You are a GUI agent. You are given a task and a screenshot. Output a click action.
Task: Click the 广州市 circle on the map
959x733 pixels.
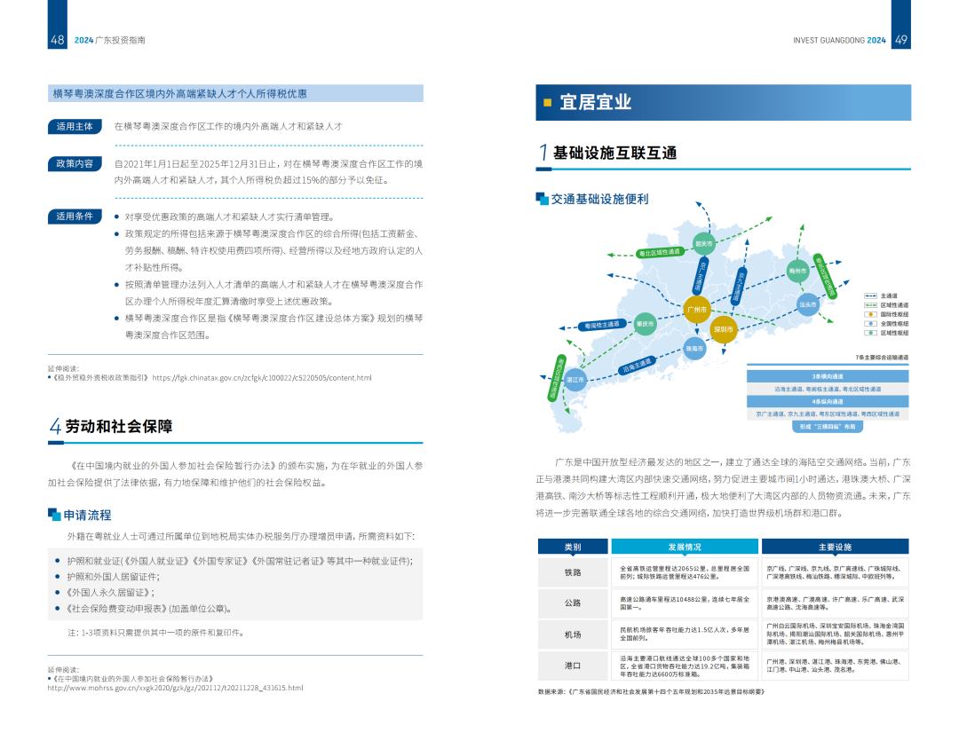(697, 310)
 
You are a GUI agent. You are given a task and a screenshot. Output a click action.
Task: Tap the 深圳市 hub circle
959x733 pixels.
(724, 329)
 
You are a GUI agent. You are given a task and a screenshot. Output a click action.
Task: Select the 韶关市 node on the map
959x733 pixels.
(704, 243)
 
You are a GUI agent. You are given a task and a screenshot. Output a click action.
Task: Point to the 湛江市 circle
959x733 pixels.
(575, 380)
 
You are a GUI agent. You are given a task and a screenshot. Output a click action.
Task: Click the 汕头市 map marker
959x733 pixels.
(807, 304)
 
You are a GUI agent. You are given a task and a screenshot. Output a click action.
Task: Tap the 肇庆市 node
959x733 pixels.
(646, 324)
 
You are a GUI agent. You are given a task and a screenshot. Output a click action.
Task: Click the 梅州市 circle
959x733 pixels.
(797, 271)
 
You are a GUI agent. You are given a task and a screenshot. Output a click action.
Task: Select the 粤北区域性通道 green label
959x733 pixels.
(660, 252)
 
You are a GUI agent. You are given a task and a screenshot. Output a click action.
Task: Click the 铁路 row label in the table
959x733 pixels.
(573, 573)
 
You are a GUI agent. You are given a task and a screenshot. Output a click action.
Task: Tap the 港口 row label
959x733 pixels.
(573, 665)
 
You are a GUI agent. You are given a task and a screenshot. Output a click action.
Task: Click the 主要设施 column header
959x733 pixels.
(835, 547)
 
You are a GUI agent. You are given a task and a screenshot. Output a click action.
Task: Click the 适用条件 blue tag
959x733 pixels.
(74, 216)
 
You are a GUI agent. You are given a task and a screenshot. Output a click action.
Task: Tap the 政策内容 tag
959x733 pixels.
(74, 163)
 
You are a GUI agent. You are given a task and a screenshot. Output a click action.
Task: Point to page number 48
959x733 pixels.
(58, 40)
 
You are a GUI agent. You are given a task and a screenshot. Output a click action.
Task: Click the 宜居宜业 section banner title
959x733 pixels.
(596, 102)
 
